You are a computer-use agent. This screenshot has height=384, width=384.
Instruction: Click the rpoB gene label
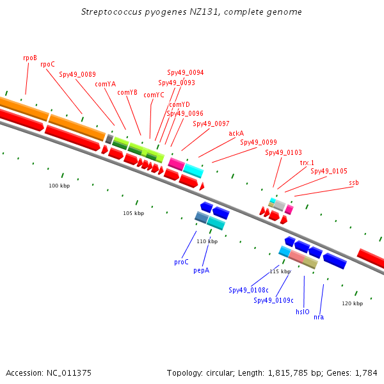pos(30,58)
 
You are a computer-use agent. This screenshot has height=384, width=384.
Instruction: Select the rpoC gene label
pos(47,64)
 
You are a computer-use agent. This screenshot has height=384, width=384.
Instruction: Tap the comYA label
pos(106,84)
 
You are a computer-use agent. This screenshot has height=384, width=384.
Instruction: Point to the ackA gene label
pos(236,133)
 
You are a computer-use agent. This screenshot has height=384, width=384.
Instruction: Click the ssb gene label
pos(354,182)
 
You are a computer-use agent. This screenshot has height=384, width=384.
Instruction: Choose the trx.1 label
pos(307,163)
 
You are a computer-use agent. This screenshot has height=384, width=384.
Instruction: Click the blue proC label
pos(181,262)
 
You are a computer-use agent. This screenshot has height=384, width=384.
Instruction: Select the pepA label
pos(202,270)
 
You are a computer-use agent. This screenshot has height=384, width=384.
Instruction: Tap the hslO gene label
pos(303,312)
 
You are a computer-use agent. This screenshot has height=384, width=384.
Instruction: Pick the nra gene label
pos(319,317)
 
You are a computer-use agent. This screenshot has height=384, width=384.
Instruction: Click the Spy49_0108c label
pos(248,290)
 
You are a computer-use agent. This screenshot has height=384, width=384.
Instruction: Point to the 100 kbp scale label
pos(60,186)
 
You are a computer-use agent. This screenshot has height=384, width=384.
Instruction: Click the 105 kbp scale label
pos(134,213)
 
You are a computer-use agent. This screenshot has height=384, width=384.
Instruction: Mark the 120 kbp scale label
pos(353,303)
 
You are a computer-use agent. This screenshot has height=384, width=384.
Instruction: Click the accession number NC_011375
pos(69,372)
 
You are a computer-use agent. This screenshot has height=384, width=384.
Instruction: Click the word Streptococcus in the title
pos(111,12)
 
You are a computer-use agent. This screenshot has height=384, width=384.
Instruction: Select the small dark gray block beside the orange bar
pos(109,139)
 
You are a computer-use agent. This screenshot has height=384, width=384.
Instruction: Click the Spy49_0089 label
pos(77,74)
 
